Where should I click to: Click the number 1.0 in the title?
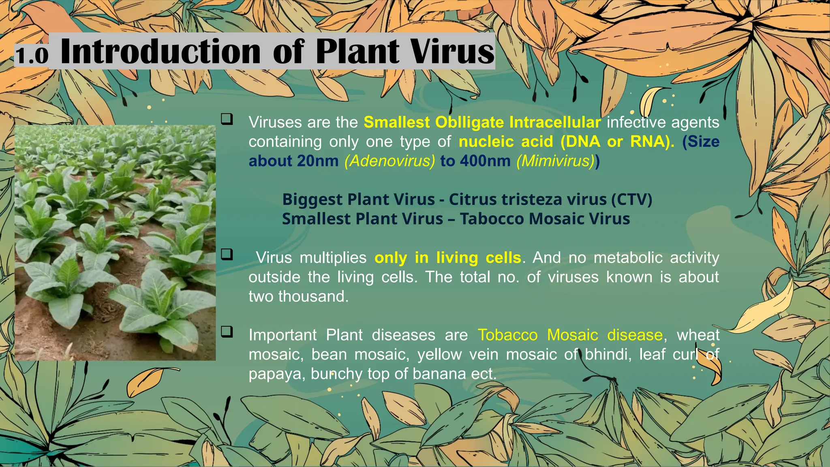32,55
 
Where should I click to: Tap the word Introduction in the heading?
160,52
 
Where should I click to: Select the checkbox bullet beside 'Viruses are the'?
227,119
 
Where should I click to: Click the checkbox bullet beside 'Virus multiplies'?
227,255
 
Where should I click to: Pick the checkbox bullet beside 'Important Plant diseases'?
227,332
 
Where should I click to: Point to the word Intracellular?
555,122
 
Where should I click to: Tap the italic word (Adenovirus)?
389,161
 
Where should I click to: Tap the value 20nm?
318,161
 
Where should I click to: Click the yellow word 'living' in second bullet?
457,258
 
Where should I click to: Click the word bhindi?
608,354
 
